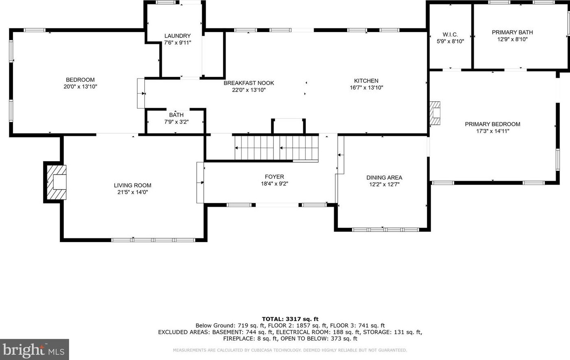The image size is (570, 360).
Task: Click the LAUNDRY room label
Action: [177, 36]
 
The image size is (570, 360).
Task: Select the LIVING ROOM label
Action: [133, 185]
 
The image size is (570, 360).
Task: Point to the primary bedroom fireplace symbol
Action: [435, 113]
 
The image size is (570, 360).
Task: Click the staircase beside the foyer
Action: [276, 148]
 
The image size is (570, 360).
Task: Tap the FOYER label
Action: [274, 177]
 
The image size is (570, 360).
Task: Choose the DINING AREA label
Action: [384, 177]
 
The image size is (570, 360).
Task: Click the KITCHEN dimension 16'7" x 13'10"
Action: [366, 87]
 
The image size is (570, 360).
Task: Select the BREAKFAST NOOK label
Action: [249, 83]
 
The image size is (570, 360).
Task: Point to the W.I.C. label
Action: [450, 35]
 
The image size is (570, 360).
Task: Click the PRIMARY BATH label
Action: [512, 32]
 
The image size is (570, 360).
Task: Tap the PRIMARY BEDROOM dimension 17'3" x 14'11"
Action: [492, 131]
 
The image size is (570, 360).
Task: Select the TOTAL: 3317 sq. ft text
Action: [290, 319]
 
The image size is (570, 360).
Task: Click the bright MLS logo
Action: [34, 349]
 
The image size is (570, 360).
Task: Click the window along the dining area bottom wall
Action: [385, 230]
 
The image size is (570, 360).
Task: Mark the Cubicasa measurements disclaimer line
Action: [290, 350]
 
